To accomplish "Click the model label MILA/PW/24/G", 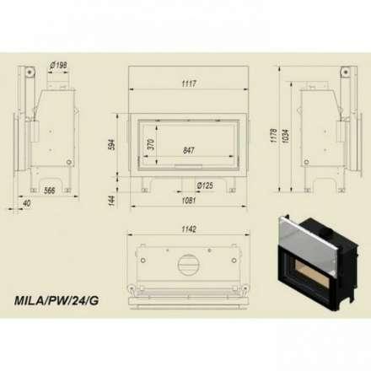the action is tap(56, 301).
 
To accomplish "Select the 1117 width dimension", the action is tap(189, 83).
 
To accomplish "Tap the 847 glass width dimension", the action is tap(188, 150).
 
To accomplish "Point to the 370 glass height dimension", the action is tap(151, 144).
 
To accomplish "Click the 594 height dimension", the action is tap(111, 144).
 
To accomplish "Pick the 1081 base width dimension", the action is tap(189, 201).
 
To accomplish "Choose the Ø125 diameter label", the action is tap(205, 185).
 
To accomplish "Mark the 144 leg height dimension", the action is tap(111, 201).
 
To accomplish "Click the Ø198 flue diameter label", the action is tap(58, 66).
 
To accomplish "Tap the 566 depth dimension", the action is tap(50, 191).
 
